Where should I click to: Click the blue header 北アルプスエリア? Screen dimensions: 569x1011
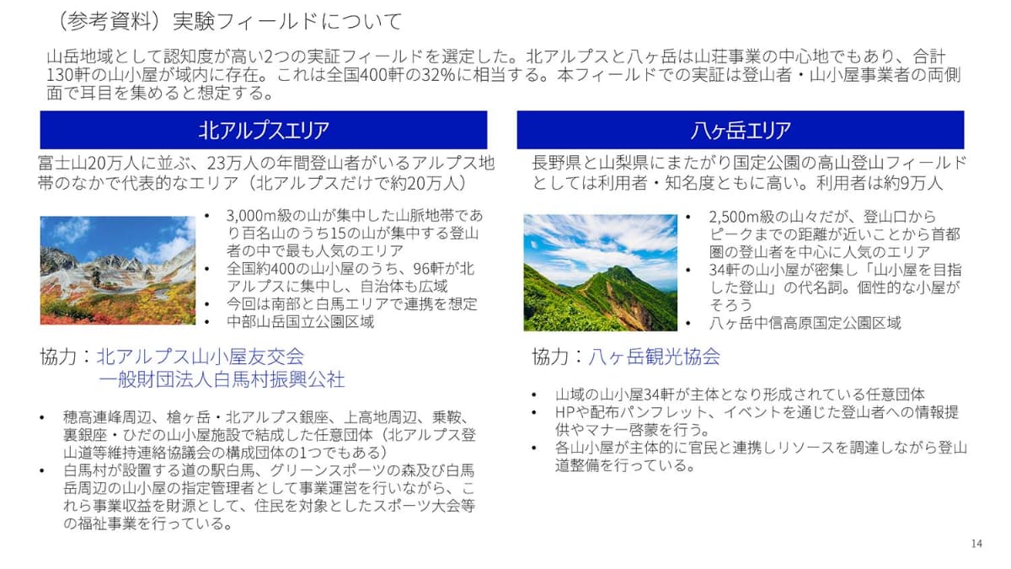click(264, 130)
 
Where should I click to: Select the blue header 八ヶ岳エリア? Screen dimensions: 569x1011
click(740, 130)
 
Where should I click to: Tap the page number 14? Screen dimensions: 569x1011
click(976, 544)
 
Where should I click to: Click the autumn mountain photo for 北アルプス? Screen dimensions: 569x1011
click(117, 271)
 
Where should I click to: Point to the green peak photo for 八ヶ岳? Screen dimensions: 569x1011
click(600, 272)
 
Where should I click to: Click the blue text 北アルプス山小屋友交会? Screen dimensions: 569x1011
click(201, 356)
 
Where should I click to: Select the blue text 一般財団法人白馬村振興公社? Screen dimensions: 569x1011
click(222, 379)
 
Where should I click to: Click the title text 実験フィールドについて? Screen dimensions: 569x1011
click(287, 20)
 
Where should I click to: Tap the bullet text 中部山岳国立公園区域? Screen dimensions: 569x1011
click(300, 321)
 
